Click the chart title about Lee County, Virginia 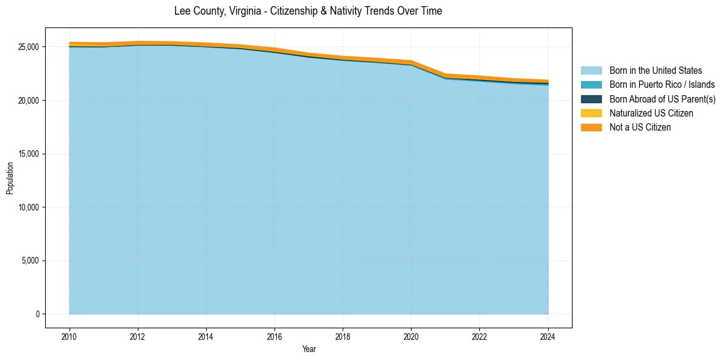(x=308, y=11)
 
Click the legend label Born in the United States (x=655, y=71)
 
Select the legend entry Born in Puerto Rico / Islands (x=662, y=85)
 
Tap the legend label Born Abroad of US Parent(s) (x=662, y=99)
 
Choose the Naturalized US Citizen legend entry (x=651, y=113)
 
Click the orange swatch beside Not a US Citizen (x=591, y=128)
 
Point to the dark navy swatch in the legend (x=591, y=99)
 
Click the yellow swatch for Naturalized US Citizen (x=591, y=113)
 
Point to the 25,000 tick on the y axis (x=29, y=47)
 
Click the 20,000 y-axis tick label (x=29, y=100)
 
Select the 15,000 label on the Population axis (x=29, y=154)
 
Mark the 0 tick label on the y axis (x=37, y=314)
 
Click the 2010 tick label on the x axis (x=70, y=336)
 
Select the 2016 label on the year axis (x=274, y=336)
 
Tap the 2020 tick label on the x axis (x=411, y=336)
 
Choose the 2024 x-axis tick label (x=548, y=336)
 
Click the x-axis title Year (x=309, y=349)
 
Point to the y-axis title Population (x=10, y=178)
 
